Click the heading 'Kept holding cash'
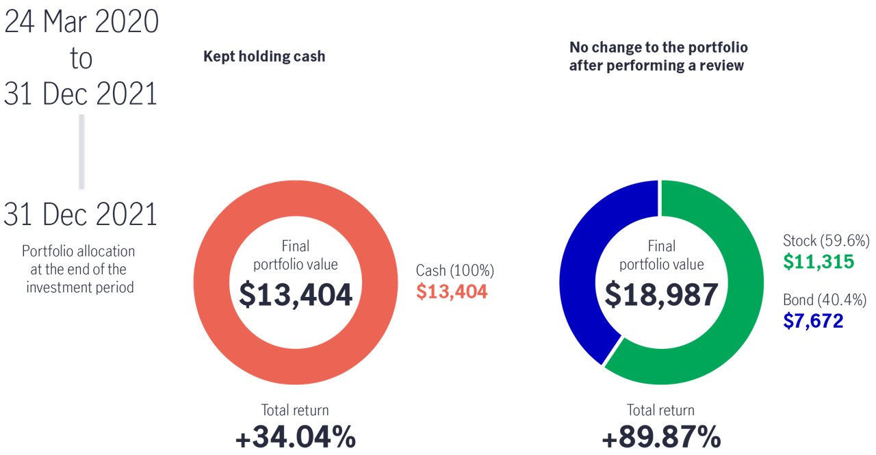pos(264,56)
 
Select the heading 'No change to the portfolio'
pos(658,48)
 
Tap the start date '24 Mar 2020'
pos(81,22)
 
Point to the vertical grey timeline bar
pos(81,151)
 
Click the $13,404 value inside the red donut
pos(296,294)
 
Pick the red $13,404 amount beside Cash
pos(452,292)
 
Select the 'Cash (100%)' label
pos(455,271)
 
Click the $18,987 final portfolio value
pos(661,294)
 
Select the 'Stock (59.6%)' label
pos(826,241)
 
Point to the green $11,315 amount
pos(819,261)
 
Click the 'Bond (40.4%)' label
pos(825,300)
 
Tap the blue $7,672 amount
pos(813,320)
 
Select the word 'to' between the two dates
pos(81,59)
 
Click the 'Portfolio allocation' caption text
pos(79,251)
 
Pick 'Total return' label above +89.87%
pos(661,411)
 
